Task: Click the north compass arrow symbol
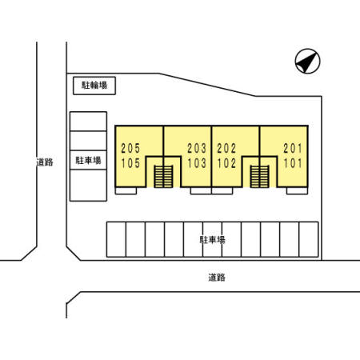[x=307, y=61]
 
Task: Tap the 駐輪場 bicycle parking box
[x=94, y=86]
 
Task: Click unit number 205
[x=130, y=148]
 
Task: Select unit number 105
[x=130, y=163]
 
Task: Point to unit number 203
[x=197, y=148]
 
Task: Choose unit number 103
[x=197, y=163]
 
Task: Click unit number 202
[x=226, y=148]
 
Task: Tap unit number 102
[x=226, y=163]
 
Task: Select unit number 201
[x=293, y=148]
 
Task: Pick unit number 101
[x=293, y=163]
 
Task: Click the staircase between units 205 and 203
[x=163, y=177]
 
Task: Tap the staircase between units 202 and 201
[x=259, y=177]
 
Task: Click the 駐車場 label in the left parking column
[x=89, y=160]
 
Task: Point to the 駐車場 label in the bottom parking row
[x=213, y=240]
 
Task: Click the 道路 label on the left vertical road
[x=45, y=162]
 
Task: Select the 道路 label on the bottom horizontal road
[x=217, y=278]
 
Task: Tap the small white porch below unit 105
[x=126, y=190]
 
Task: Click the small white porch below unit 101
[x=297, y=190]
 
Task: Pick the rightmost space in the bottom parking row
[x=309, y=239]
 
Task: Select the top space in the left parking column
[x=89, y=122]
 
